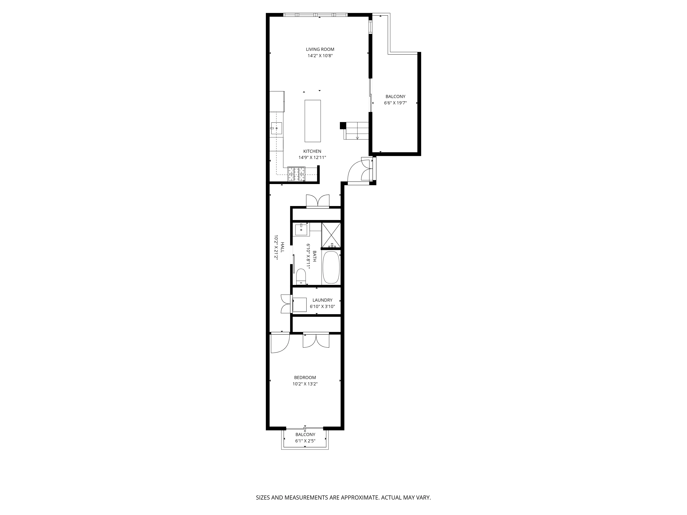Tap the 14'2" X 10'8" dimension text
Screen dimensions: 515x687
tap(320, 56)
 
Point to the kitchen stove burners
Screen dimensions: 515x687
tap(297, 174)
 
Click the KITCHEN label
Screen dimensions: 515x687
tap(312, 151)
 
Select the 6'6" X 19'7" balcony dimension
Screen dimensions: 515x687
tap(395, 103)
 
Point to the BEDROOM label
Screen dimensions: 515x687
tap(305, 377)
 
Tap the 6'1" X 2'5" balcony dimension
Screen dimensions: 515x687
tap(305, 440)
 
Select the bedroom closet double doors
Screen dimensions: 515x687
tap(316, 341)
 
